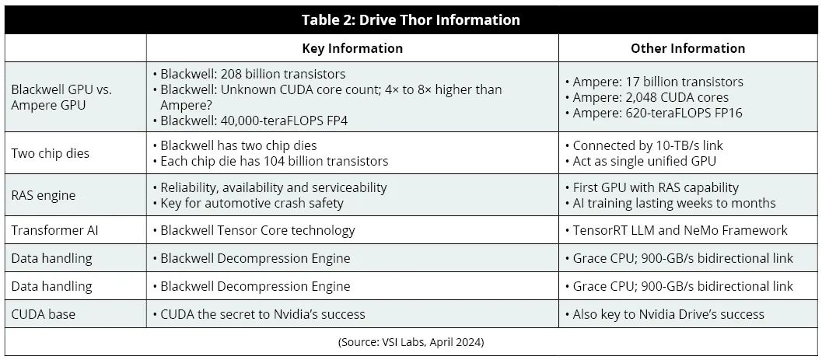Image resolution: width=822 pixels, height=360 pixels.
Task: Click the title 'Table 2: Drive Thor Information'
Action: click(411, 20)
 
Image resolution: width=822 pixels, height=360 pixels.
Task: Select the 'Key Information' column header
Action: click(352, 48)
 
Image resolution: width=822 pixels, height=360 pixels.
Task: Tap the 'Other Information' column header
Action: click(687, 48)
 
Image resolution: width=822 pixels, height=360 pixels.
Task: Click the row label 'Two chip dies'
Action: click(50, 153)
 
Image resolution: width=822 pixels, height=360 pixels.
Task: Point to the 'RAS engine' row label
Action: click(44, 195)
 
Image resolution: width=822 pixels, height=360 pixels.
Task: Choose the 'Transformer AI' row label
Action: click(51, 230)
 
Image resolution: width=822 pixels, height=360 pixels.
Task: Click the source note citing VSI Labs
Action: click(411, 341)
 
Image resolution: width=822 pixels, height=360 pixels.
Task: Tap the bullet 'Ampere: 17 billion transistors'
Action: click(658, 82)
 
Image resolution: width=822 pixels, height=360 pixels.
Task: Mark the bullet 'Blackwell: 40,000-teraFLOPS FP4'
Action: click(253, 121)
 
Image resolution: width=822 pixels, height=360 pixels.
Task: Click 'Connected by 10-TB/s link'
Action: click(647, 145)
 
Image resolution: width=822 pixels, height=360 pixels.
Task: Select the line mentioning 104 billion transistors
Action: click(274, 161)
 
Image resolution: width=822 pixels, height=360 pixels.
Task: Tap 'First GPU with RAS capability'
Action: click(656, 187)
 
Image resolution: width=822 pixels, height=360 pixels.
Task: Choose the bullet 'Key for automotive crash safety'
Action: click(252, 203)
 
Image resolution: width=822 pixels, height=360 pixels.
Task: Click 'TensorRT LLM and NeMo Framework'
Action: click(680, 230)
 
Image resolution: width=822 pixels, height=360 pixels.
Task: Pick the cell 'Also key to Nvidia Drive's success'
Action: click(668, 314)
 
